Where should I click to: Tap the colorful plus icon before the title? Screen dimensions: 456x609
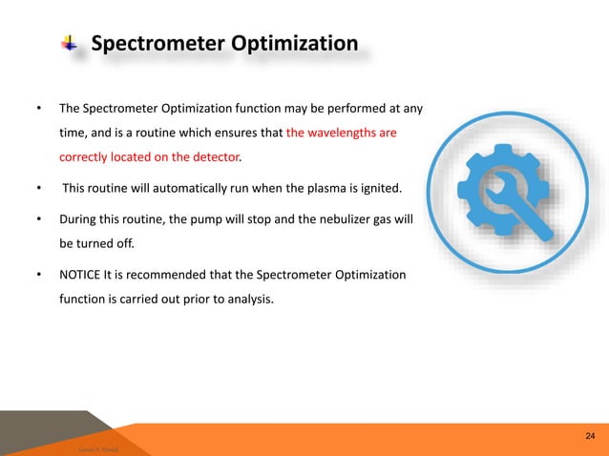[69, 44]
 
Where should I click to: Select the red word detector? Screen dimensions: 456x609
[214, 155]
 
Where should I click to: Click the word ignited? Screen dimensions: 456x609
[385, 186]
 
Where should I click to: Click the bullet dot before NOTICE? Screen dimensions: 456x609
[39, 276]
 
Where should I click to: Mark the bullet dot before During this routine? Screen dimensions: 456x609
[39, 219]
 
